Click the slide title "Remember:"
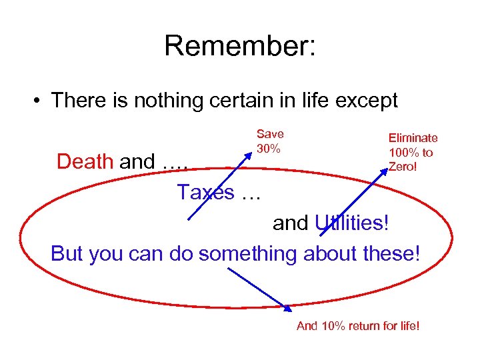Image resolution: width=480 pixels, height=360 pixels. (x=240, y=45)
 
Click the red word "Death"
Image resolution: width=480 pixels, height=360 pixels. (x=85, y=161)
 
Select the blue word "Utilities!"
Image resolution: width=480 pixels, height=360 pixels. (x=351, y=223)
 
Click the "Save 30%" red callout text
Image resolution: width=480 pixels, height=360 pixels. (x=270, y=141)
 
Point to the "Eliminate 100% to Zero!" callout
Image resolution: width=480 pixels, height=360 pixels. (x=413, y=151)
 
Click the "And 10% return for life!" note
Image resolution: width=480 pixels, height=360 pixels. (x=358, y=326)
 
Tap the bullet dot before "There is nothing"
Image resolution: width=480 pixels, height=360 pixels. (x=40, y=101)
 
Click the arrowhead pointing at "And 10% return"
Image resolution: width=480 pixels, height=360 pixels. (x=289, y=308)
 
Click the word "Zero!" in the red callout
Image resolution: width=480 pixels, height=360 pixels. (x=403, y=166)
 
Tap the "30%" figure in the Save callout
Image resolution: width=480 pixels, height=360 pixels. (x=268, y=149)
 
